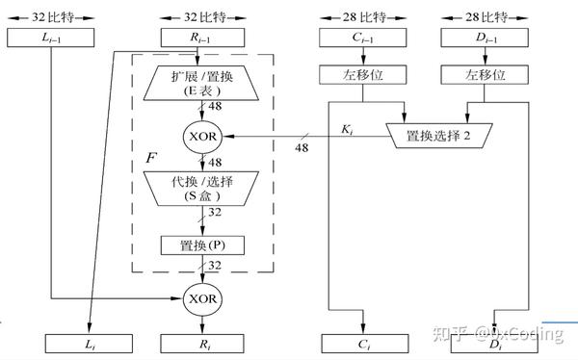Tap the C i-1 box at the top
point(360,38)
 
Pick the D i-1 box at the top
point(482,38)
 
